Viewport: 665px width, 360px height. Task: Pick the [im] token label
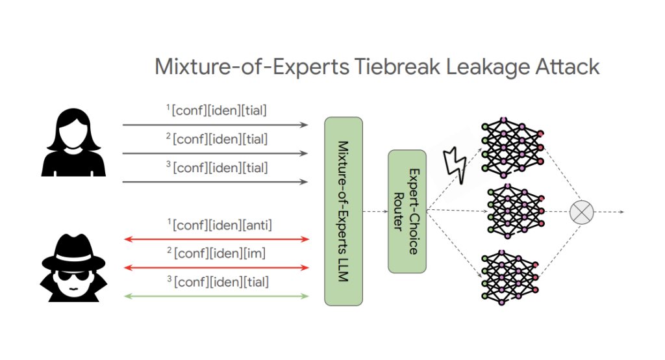(251, 254)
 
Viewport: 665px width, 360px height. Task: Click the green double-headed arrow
(216, 296)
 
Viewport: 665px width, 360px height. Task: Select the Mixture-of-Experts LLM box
(343, 211)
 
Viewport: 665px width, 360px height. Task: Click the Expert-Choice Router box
(407, 211)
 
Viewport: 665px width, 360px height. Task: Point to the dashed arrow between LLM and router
(375, 211)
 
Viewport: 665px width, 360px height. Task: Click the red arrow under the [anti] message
(216, 239)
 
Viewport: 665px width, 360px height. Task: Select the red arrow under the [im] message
(216, 268)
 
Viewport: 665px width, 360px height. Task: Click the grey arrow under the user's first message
(216, 124)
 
